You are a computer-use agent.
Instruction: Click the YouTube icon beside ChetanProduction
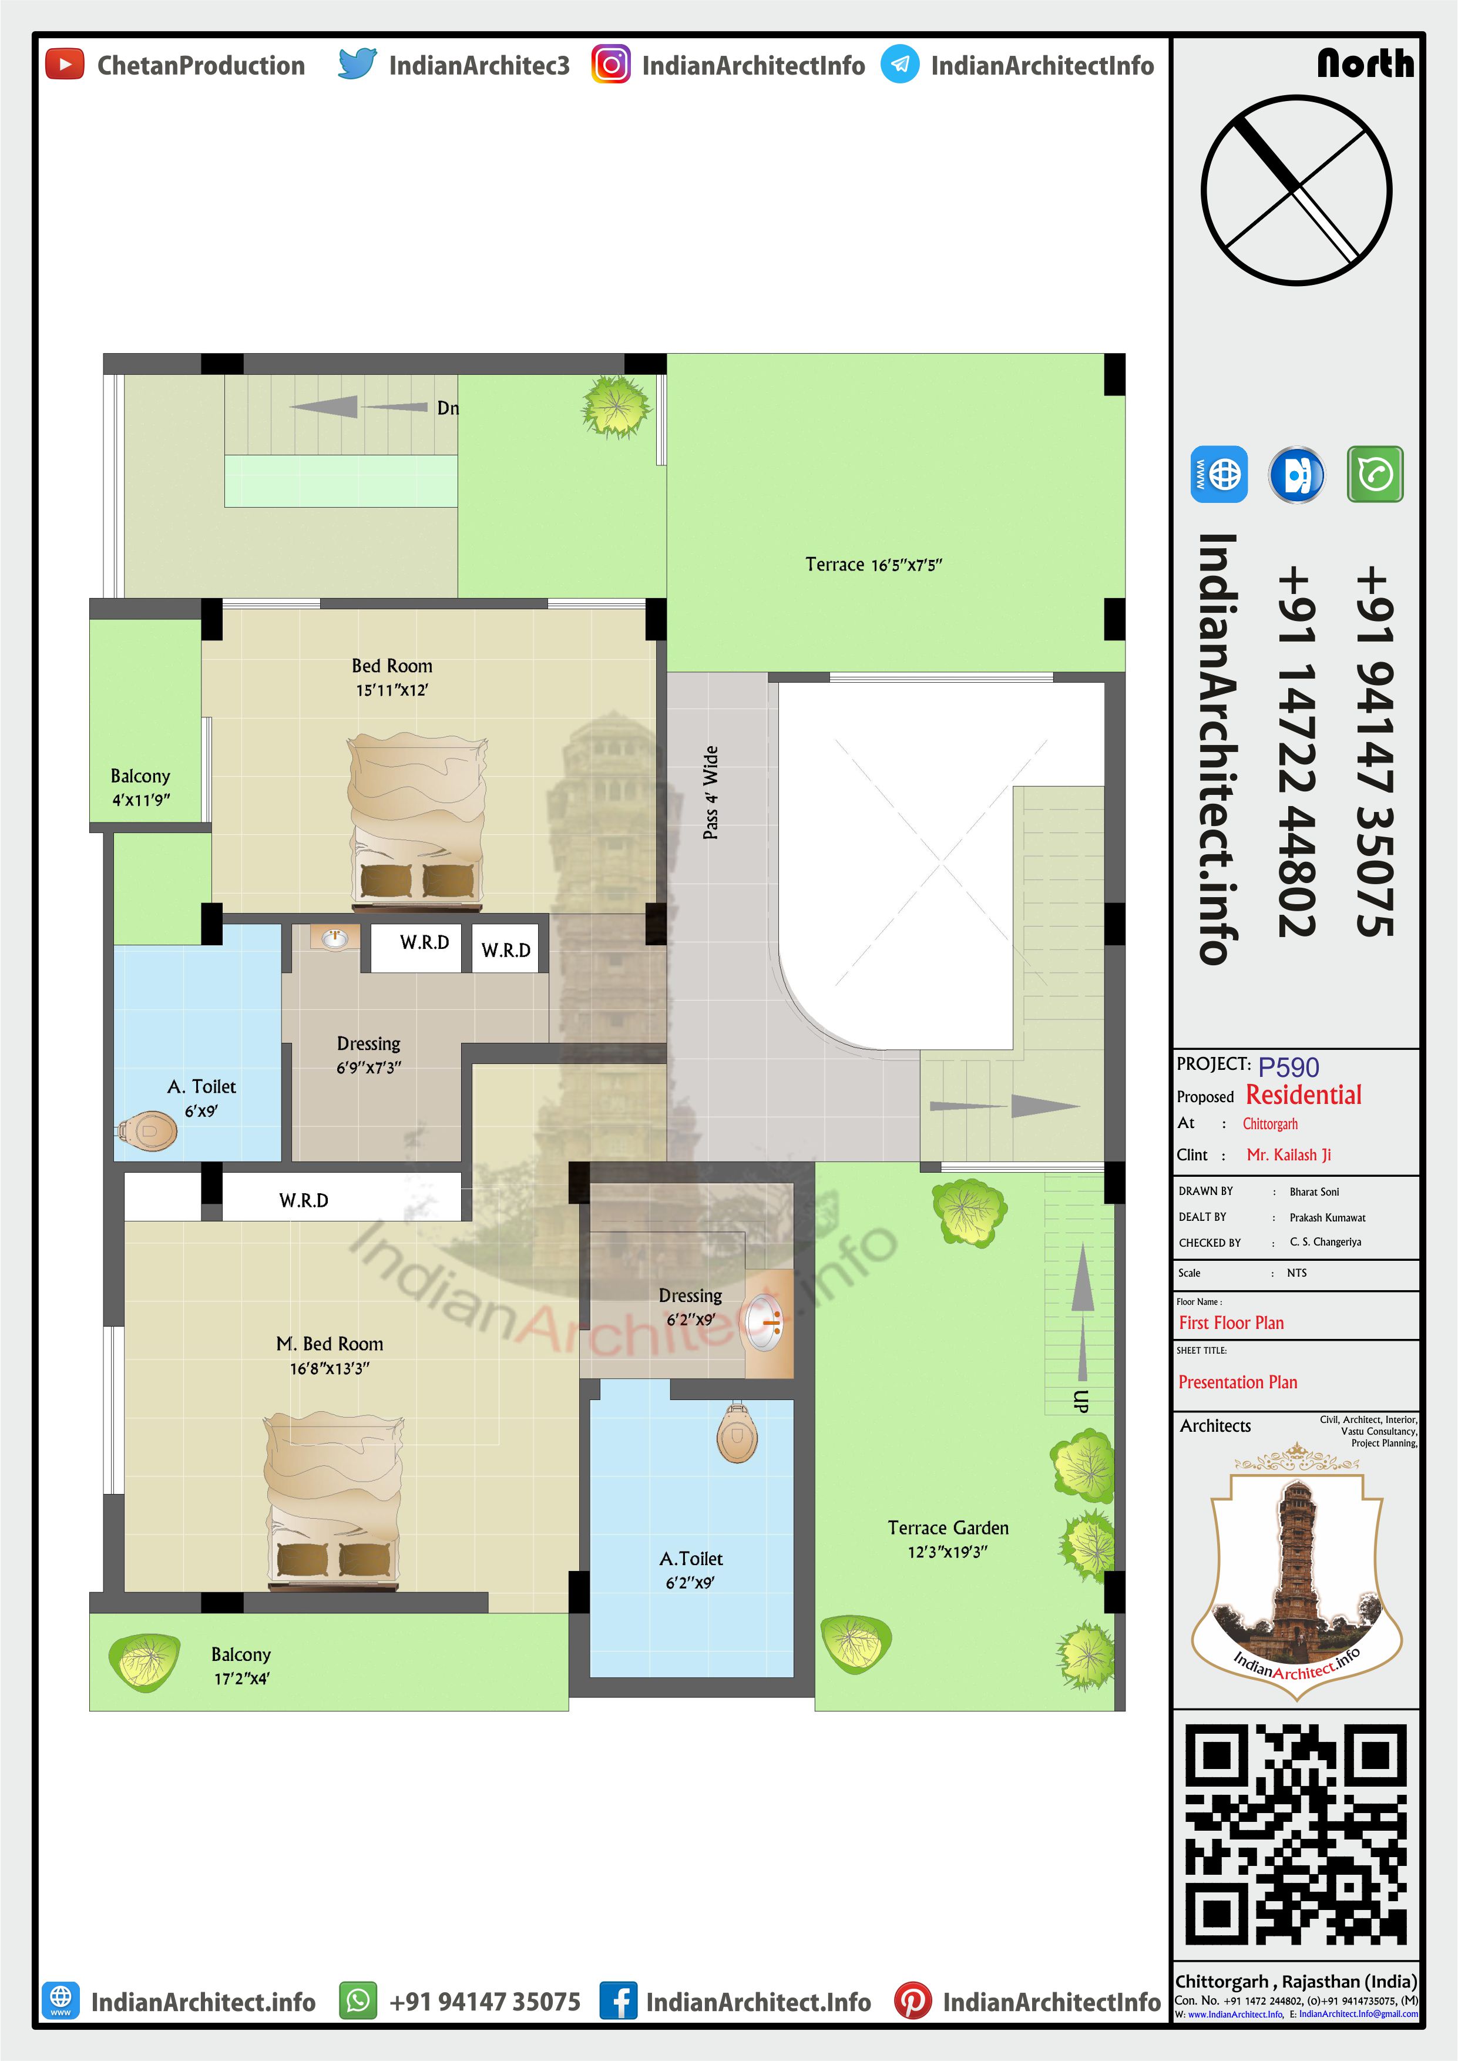(x=65, y=65)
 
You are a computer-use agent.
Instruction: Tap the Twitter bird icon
(x=357, y=65)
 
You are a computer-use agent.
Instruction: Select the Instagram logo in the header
(x=610, y=65)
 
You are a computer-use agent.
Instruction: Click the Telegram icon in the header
(x=899, y=65)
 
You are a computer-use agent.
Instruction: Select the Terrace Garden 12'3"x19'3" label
(x=948, y=1539)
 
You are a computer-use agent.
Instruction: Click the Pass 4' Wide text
(x=710, y=793)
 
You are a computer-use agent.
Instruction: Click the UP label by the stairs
(x=1081, y=1401)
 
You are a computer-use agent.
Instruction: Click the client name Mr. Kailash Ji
(x=1288, y=1154)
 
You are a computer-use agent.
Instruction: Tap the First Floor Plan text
(x=1231, y=1322)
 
